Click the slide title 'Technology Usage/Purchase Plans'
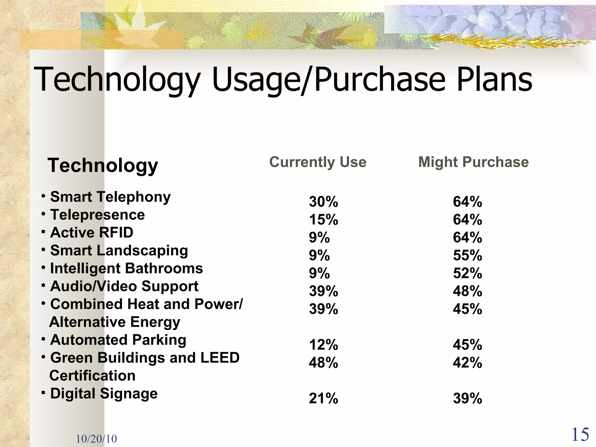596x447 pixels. point(283,79)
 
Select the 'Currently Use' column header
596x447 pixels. point(317,162)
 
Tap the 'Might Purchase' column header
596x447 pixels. point(473,162)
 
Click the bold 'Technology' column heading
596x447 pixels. point(103,165)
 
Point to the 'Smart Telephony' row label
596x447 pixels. point(110,197)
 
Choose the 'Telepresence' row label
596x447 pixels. point(97,215)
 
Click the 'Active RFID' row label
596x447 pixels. point(92,233)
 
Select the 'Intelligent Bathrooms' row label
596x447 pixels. point(126,268)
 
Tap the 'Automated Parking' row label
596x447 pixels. point(118,340)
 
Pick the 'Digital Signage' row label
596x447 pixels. point(104,393)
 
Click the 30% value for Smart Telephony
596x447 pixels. point(323,202)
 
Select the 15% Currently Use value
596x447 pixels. point(323,219)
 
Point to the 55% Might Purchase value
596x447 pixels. point(467,255)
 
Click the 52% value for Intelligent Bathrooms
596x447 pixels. point(467,273)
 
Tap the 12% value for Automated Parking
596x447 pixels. point(323,345)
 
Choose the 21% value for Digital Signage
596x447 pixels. point(323,398)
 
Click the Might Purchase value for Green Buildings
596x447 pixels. point(467,363)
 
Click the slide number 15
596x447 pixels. point(580,435)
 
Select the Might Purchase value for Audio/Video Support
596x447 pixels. point(467,291)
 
